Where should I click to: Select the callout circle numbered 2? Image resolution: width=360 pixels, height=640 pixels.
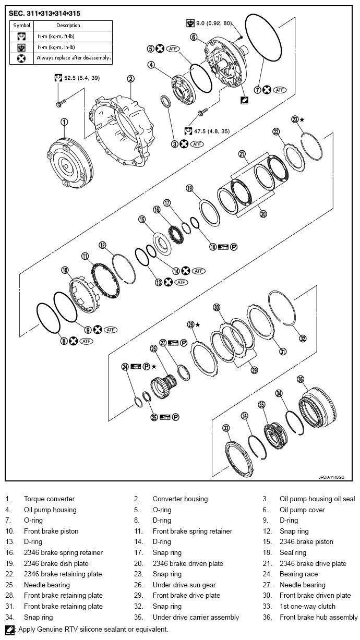pyautogui.click(x=130, y=79)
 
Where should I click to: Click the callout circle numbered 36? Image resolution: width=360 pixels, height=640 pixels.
pyautogui.click(x=301, y=379)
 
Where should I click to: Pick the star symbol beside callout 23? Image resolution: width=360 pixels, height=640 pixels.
pyautogui.click(x=302, y=119)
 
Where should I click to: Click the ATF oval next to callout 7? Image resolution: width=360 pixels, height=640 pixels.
pyautogui.click(x=281, y=90)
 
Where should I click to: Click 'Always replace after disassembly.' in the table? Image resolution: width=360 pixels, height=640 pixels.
pyautogui.click(x=74, y=58)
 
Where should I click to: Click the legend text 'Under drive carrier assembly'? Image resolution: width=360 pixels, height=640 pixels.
pyautogui.click(x=196, y=618)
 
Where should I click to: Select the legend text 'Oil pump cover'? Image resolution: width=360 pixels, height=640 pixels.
pyautogui.click(x=302, y=510)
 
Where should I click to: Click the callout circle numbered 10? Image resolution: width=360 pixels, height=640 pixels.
pyautogui.click(x=65, y=270)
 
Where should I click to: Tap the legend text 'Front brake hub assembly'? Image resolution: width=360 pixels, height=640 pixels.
pyautogui.click(x=318, y=618)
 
